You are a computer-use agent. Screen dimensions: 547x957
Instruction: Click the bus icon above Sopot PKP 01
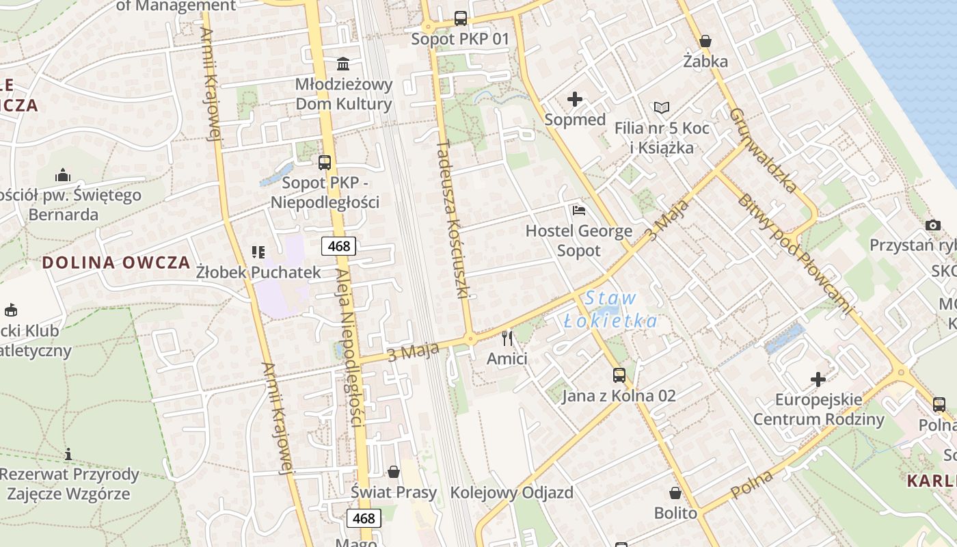pos(461,18)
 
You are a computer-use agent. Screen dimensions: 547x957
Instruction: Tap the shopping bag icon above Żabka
pos(705,41)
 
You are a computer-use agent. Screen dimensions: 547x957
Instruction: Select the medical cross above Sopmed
pos(575,99)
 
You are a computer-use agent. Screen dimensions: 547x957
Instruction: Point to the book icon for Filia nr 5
pos(661,107)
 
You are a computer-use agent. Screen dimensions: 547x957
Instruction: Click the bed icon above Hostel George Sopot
pos(579,211)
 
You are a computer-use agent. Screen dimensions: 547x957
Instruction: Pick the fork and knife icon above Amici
pos(507,338)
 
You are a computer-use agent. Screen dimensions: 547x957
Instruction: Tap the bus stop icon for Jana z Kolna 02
pos(619,375)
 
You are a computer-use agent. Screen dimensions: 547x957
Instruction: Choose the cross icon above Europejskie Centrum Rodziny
pos(818,379)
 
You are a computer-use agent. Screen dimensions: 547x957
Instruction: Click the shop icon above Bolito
pos(675,493)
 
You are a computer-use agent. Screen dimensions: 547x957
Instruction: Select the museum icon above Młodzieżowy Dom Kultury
pos(343,64)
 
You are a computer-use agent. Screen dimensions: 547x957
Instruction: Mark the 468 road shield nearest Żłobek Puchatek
pos(339,246)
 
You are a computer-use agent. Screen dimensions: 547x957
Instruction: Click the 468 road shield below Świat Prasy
pos(364,518)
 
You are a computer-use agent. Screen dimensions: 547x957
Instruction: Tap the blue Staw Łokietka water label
pos(610,310)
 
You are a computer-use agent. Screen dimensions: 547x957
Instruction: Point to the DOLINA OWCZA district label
pos(116,263)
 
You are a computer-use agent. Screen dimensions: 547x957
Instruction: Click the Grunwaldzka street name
pos(763,150)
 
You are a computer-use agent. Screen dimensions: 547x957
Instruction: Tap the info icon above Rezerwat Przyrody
pos(68,454)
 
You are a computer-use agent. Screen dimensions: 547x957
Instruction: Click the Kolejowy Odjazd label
pos(511,492)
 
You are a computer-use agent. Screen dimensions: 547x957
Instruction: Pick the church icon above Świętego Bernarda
pos(63,176)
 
